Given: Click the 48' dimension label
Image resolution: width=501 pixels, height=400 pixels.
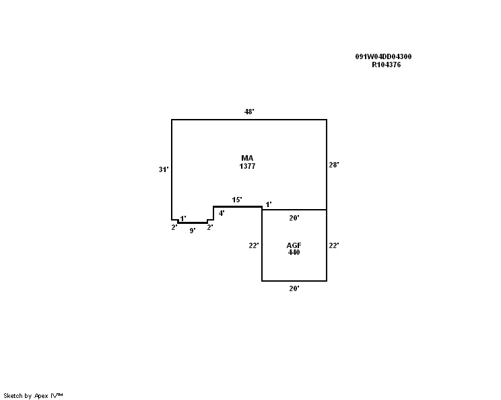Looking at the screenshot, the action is pos(249,112).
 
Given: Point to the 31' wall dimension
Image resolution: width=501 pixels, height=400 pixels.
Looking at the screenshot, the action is pos(164,169).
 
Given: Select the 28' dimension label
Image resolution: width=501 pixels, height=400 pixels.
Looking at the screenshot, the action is pos(334,165).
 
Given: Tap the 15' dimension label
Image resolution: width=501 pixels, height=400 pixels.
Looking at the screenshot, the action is pos(237,200).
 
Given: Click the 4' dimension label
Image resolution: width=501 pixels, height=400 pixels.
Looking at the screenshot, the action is pos(222,213).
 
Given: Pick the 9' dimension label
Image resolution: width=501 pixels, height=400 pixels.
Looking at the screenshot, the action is pos(193,231).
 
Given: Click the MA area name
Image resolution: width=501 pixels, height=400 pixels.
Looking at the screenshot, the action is pos(247,158).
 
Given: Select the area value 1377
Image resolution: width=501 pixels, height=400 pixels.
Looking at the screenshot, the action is pos(247,166).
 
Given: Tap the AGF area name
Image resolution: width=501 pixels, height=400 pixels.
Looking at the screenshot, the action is pos(294,245).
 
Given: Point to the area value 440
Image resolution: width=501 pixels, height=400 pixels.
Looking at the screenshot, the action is pos(294,252).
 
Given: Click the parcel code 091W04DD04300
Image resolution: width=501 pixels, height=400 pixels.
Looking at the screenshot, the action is pos(383,56).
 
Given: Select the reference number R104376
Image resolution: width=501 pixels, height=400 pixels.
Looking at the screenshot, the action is pos(387,65).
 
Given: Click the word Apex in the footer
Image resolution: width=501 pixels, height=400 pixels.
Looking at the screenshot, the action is pos(41,396).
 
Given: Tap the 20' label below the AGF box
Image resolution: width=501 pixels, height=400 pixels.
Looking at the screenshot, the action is pos(294,288).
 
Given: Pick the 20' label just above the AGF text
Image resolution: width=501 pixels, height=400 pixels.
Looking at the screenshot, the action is pos(294,218).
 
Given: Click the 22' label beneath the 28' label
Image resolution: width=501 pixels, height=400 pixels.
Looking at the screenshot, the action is pos(334,245).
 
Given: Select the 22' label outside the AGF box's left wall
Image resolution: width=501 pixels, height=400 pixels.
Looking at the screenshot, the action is pos(254,245).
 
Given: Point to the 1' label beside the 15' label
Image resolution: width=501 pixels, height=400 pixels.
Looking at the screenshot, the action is pos(269,204).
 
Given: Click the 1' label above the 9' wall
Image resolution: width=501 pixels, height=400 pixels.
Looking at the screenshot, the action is pos(183,218).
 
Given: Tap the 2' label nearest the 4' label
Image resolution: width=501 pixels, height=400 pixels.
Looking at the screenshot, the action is pos(210,227).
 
